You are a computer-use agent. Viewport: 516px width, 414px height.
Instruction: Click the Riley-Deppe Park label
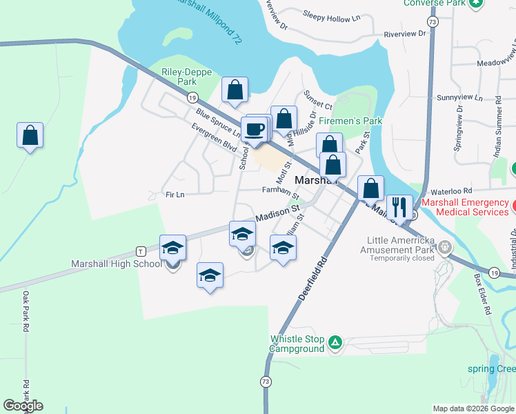click(179, 77)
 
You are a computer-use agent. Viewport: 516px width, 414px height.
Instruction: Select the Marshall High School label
click(116, 264)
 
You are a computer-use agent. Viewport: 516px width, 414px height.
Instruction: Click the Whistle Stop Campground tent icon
click(335, 342)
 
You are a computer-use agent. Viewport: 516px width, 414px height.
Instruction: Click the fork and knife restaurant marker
click(399, 206)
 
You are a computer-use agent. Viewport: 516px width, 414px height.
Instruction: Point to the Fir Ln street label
click(174, 195)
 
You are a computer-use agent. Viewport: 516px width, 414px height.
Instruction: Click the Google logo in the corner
click(23, 406)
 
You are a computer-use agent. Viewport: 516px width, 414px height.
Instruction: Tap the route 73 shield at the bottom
click(266, 382)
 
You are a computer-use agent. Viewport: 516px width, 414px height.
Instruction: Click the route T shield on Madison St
click(140, 250)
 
